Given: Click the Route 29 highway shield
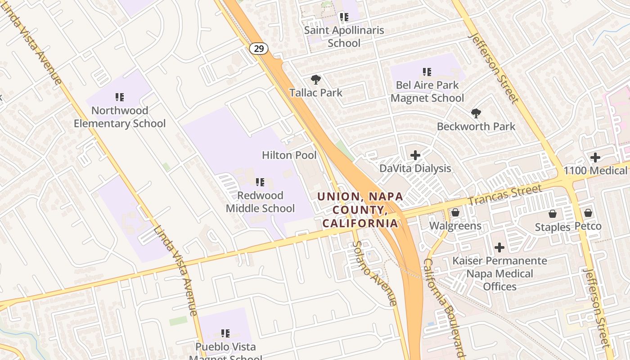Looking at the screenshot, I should click(259, 49).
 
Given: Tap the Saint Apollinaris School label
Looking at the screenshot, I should click(344, 36).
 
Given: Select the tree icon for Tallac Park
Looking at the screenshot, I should click(316, 80).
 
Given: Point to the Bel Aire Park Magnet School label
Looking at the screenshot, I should click(427, 91).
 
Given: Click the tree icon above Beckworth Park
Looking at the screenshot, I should click(476, 113).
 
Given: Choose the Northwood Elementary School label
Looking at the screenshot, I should click(120, 117).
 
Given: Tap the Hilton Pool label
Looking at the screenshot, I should click(289, 155).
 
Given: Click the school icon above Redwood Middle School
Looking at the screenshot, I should click(260, 182).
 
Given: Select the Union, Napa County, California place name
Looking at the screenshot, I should click(360, 210).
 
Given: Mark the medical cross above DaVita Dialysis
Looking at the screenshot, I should click(415, 155).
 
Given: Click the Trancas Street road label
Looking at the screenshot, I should click(505, 193).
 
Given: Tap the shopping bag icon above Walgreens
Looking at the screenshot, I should click(455, 212).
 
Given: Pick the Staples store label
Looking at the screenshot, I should click(552, 227).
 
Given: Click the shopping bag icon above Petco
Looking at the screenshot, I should click(588, 213).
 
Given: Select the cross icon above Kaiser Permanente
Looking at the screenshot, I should click(499, 247).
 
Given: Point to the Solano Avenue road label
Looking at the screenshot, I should click(375, 273).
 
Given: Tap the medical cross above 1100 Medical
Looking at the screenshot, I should click(595, 157).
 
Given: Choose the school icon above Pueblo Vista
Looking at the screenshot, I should click(225, 333).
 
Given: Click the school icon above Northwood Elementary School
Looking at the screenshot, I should click(120, 97).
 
